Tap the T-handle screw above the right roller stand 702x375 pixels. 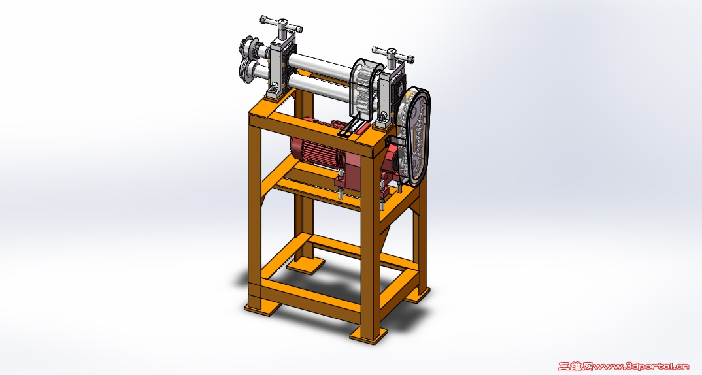click(x=393, y=57)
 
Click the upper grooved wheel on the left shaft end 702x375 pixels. click(x=250, y=48)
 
